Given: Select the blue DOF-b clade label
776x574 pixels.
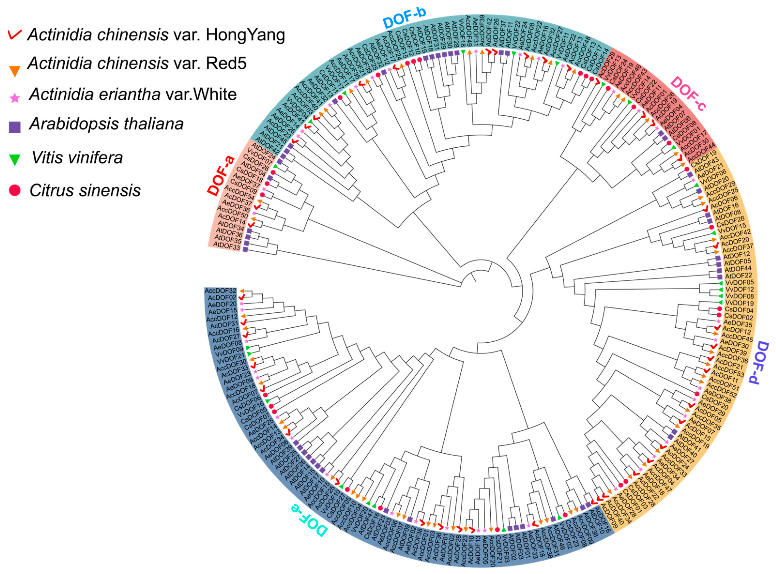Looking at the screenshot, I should click(x=404, y=17).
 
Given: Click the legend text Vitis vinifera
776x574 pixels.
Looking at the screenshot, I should click(x=77, y=158).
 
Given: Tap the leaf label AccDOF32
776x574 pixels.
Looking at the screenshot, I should click(x=220, y=290).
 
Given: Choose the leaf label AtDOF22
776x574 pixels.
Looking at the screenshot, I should click(x=738, y=276).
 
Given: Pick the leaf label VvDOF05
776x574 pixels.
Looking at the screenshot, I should click(x=739, y=282).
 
